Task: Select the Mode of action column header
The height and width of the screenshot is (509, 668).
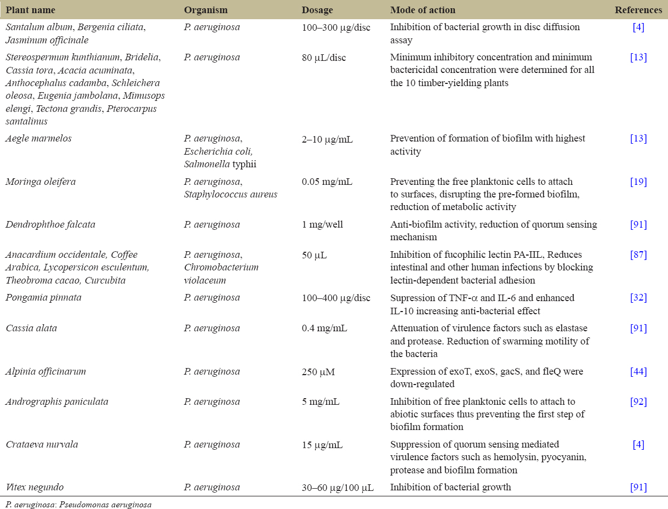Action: click(x=423, y=10)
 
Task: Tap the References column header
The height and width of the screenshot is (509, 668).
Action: click(x=638, y=10)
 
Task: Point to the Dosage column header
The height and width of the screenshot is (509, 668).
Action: click(x=317, y=10)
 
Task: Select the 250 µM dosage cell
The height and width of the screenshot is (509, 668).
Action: click(x=318, y=371)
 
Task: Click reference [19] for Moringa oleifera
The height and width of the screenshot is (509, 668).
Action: click(x=638, y=182)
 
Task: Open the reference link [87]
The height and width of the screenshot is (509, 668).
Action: click(x=638, y=255)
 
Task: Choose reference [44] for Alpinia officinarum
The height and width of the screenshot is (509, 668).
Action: click(x=638, y=371)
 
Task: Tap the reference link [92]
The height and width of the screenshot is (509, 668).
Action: click(x=638, y=401)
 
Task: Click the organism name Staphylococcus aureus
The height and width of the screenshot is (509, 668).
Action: click(x=231, y=194)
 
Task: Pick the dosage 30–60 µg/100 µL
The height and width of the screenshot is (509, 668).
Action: click(x=338, y=487)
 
